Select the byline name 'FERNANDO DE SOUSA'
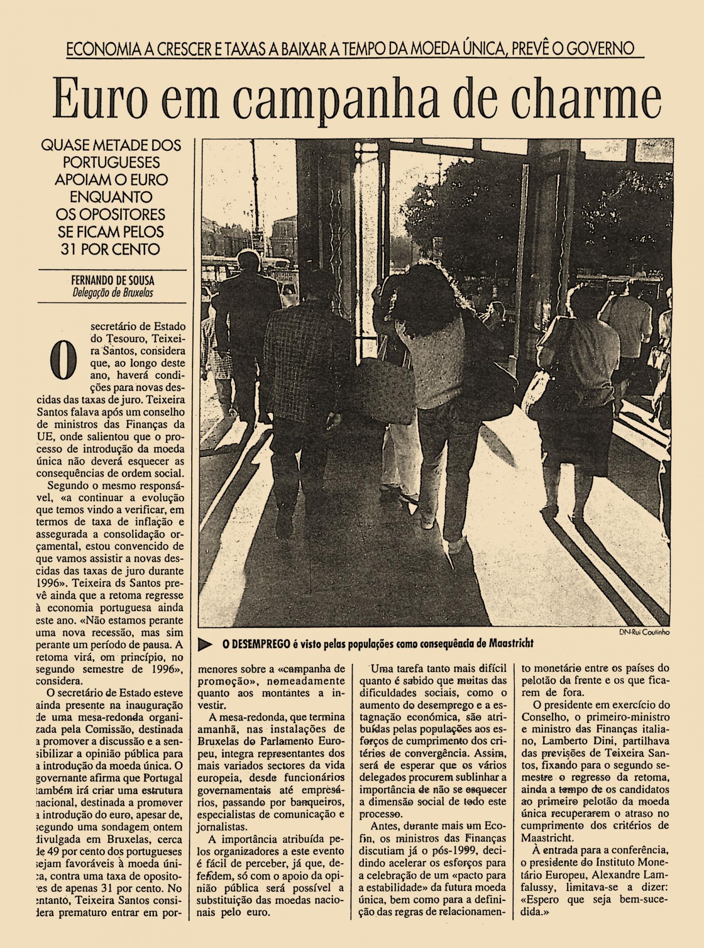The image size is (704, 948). [112, 281]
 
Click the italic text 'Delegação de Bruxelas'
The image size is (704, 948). [112, 292]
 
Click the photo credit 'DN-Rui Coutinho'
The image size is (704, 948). [644, 632]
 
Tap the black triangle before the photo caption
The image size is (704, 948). [204, 644]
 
